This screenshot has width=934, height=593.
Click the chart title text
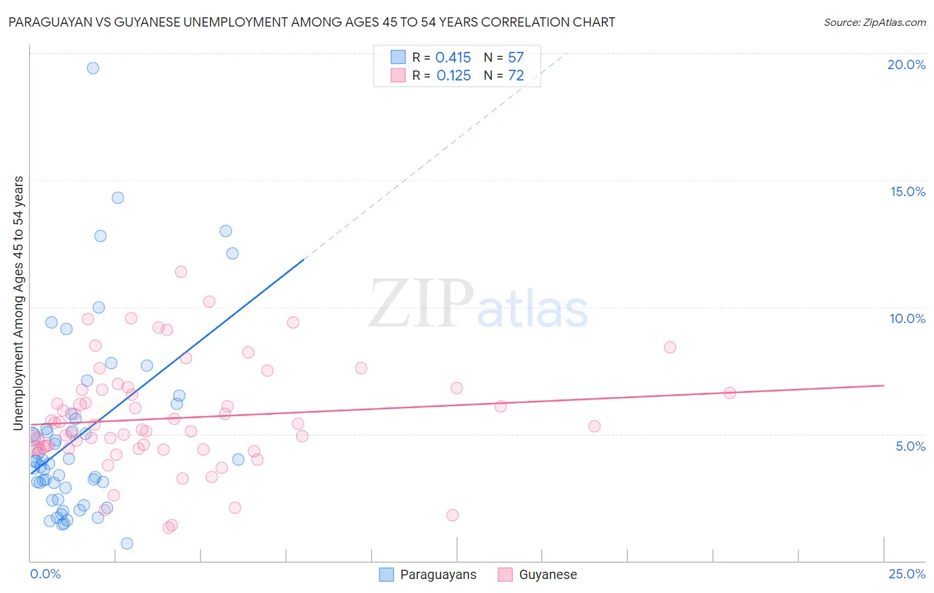(312, 22)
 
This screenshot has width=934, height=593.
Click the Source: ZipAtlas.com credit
(874, 22)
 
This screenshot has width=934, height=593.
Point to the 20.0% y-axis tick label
(906, 64)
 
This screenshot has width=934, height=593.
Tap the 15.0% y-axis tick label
(907, 191)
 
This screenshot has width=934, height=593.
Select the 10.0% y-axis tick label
(907, 318)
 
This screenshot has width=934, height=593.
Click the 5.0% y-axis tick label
(910, 446)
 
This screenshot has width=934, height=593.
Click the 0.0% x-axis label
(45, 574)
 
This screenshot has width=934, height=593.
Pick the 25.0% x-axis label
(907, 574)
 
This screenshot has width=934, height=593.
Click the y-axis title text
(19, 303)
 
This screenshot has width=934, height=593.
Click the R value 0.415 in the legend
(453, 58)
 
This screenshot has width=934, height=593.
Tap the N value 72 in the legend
(515, 76)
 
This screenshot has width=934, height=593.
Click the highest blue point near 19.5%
(93, 68)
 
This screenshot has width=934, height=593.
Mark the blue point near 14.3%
(118, 197)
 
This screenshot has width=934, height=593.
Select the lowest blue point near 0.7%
(127, 543)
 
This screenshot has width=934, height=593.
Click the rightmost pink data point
(729, 393)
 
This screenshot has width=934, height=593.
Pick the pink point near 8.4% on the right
(670, 347)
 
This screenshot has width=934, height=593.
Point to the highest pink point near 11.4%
(181, 271)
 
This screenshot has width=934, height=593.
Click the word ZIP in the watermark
(421, 304)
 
